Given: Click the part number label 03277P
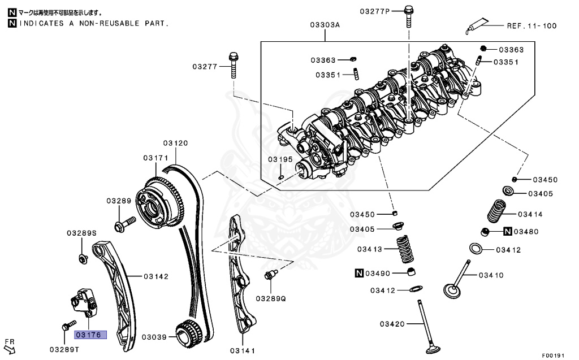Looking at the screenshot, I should point(376,11).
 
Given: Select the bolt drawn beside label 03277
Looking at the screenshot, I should point(233,66).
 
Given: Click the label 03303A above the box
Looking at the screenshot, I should point(325,25).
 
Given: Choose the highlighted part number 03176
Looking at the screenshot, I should point(89,335).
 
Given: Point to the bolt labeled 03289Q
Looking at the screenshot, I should point(269,276).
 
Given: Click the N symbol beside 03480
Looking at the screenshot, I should point(508,231).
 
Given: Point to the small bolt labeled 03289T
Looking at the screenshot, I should point(65,326).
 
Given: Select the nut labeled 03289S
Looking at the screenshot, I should point(83,259).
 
